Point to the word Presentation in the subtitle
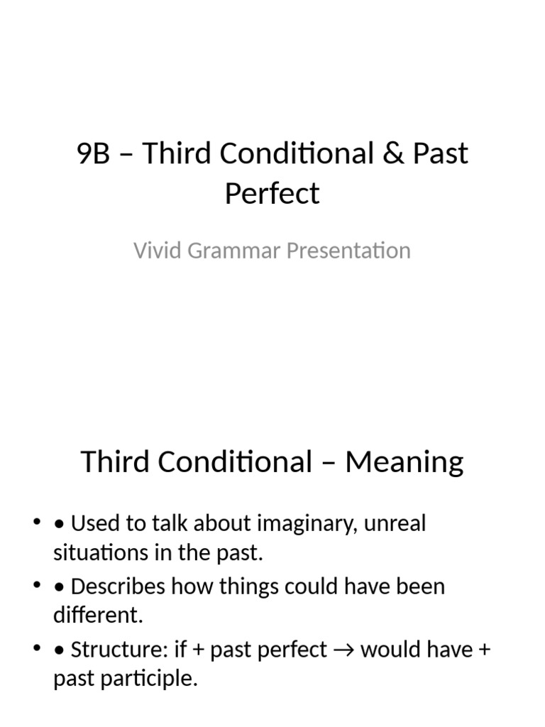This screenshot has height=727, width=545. point(343,251)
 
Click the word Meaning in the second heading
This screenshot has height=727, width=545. point(404,462)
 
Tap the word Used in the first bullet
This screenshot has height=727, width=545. point(96,524)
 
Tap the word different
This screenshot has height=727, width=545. point(98,616)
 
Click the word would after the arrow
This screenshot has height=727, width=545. point(387,650)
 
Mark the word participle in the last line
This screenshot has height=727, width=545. point(153,678)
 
